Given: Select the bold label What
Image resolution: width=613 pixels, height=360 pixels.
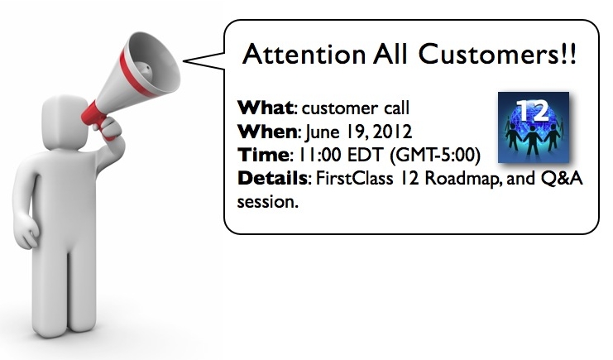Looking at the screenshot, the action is click(x=265, y=108).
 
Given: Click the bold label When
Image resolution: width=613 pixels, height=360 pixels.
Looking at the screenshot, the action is click(x=267, y=132).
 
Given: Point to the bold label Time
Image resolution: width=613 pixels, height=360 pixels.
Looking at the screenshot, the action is click(x=263, y=155).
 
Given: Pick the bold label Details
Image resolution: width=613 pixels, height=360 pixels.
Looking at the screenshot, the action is click(x=272, y=178).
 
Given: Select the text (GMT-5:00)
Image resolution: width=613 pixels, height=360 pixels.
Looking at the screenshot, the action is click(x=435, y=156).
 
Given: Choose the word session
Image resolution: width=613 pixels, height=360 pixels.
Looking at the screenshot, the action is click(x=267, y=202).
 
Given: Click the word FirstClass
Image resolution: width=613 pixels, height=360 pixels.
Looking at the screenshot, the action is click(x=354, y=179).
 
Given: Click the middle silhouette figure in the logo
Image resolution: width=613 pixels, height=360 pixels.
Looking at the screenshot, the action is click(x=533, y=140).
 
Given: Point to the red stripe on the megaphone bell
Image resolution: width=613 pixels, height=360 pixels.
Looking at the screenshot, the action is click(x=136, y=73).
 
